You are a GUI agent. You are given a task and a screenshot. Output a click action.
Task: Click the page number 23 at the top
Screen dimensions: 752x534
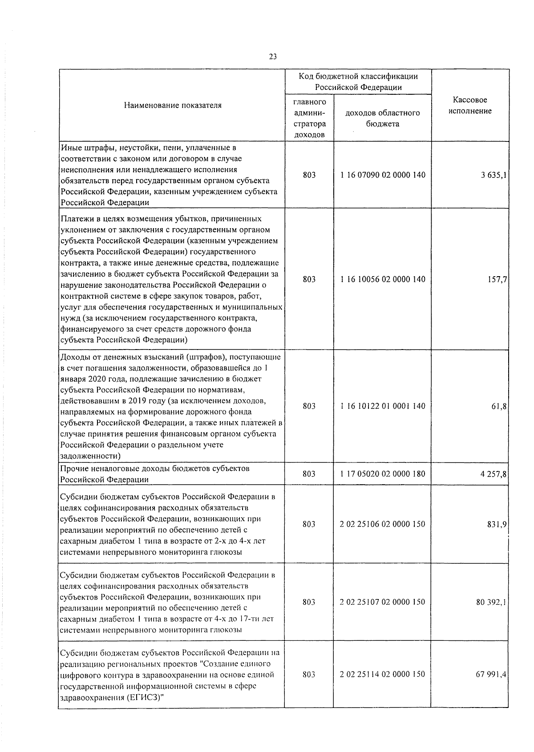tap(273, 56)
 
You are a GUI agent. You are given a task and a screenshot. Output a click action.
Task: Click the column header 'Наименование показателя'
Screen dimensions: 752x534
tap(173, 105)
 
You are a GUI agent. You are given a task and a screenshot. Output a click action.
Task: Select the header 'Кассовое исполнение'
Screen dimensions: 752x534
tap(470, 105)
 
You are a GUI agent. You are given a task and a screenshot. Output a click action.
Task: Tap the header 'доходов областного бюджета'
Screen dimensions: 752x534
tap(383, 118)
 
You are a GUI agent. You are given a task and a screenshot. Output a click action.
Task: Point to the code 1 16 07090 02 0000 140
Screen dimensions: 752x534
tap(383, 175)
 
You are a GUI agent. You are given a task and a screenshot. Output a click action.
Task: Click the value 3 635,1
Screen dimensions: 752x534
tap(494, 175)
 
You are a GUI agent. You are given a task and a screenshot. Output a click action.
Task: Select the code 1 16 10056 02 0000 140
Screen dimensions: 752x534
tap(383, 279)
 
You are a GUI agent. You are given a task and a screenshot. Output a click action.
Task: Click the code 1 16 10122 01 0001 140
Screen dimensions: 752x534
tap(383, 406)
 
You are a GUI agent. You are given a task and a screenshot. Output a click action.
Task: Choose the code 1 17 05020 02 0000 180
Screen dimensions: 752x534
tap(383, 474)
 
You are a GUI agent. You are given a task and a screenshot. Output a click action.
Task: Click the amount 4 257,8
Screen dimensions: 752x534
tap(494, 474)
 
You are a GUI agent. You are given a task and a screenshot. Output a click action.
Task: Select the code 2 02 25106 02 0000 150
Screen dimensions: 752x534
tap(383, 524)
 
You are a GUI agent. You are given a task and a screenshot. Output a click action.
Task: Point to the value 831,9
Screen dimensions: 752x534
tap(497, 524)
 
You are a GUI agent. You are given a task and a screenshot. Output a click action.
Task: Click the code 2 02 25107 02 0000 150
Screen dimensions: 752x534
tap(383, 602)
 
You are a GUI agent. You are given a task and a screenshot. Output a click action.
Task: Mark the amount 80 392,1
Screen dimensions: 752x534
tap(491, 602)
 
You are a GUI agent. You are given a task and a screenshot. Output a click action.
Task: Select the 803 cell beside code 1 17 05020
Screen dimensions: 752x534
tap(309, 474)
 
